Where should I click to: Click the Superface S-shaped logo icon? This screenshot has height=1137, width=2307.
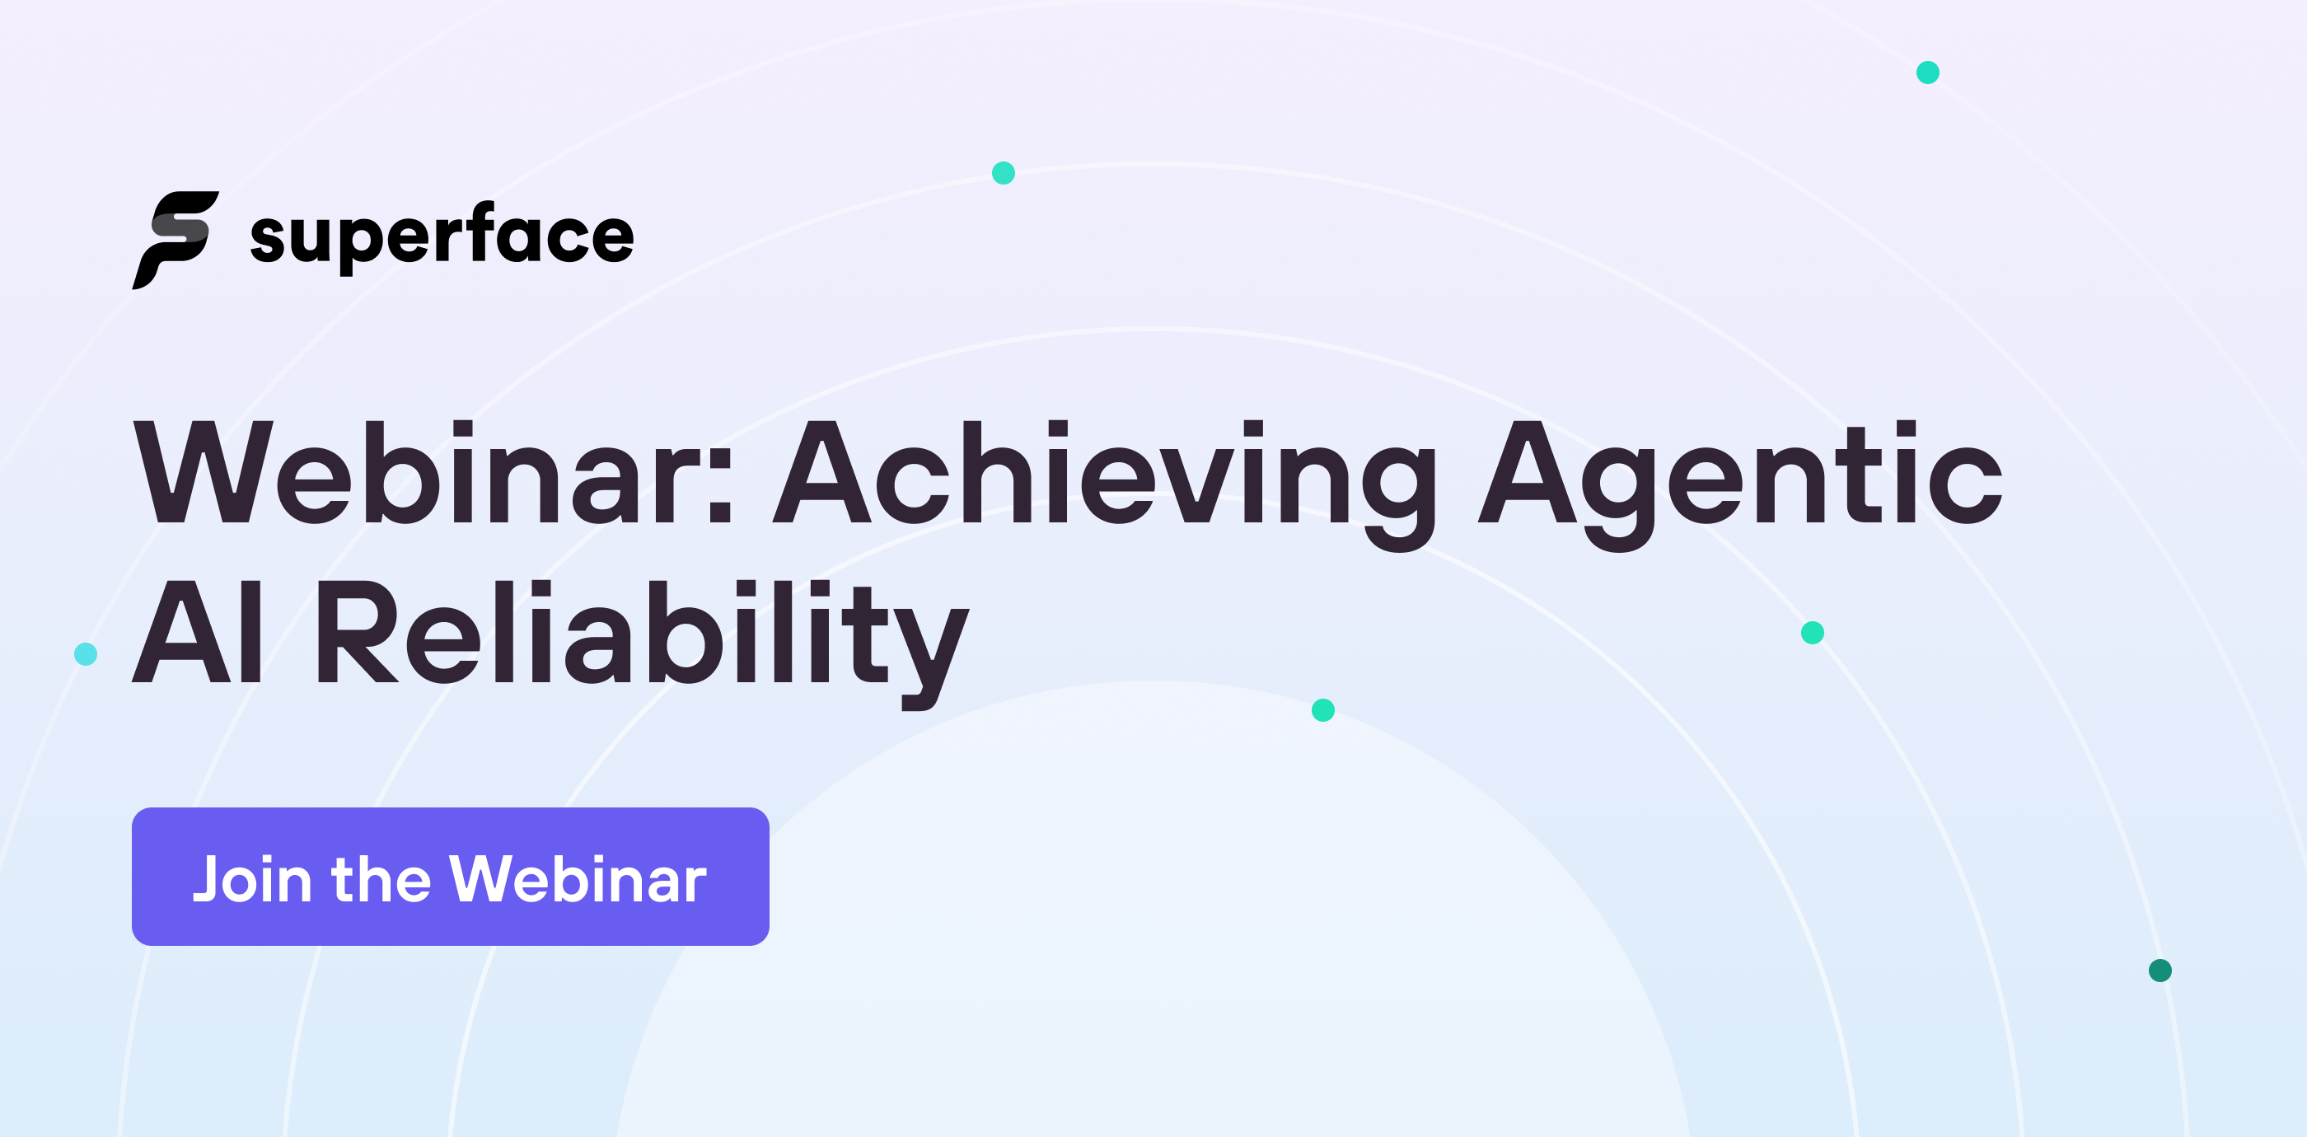pyautogui.click(x=176, y=239)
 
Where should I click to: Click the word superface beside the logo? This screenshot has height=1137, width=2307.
pyautogui.click(x=442, y=236)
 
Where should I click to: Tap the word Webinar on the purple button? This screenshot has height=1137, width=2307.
pyautogui.click(x=578, y=879)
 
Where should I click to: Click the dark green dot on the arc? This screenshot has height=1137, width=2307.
pyautogui.click(x=2160, y=971)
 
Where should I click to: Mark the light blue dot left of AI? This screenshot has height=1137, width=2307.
pyautogui.click(x=86, y=654)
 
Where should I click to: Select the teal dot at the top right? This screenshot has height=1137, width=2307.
pyautogui.click(x=1928, y=73)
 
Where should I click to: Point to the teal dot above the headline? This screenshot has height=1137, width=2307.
pyautogui.click(x=1003, y=173)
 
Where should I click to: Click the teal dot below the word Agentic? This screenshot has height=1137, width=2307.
pyautogui.click(x=1813, y=633)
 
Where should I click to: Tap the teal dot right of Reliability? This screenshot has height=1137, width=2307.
pyautogui.click(x=1322, y=710)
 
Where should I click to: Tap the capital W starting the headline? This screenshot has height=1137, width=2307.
pyautogui.click(x=204, y=473)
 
